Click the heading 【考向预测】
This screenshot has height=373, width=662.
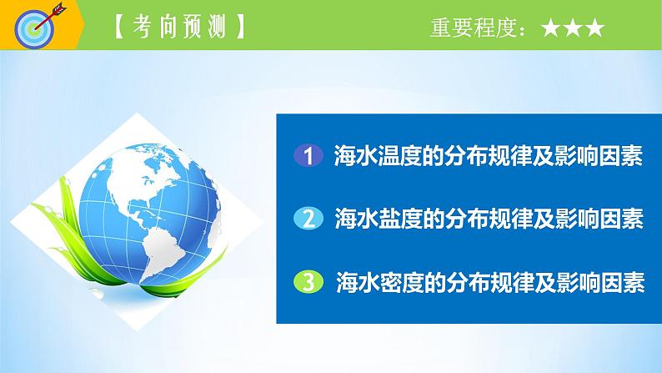[178, 28]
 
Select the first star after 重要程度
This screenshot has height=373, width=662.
[551, 29]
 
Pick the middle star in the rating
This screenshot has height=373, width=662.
[572, 29]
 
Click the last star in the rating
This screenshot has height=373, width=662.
[593, 29]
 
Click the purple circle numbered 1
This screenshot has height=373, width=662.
[308, 156]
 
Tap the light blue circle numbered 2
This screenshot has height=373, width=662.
[308, 219]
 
